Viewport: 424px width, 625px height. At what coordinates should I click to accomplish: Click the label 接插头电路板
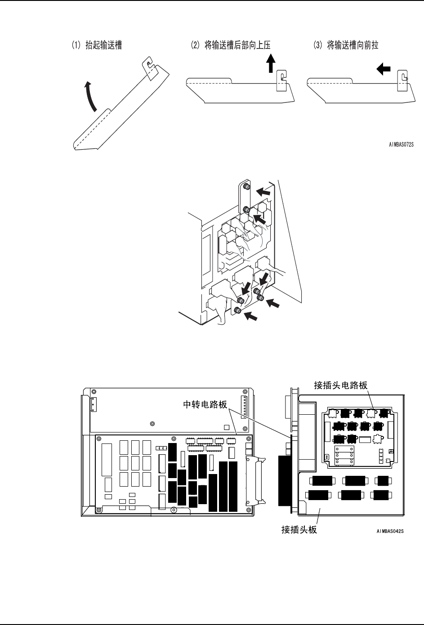tap(341, 385)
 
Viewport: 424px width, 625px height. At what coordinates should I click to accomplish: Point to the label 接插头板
tap(299, 530)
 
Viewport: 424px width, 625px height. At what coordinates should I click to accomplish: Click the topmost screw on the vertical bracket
tap(246, 186)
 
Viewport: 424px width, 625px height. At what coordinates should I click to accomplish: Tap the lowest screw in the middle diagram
tap(238, 310)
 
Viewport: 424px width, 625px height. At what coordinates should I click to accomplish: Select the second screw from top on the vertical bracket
tap(246, 210)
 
